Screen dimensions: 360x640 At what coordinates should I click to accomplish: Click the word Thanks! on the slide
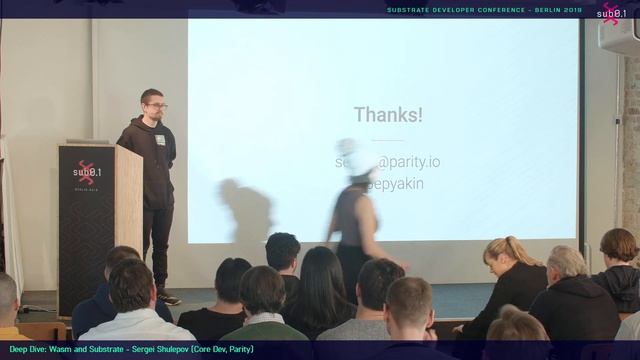pos(388,115)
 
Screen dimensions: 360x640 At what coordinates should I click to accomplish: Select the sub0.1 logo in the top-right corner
pos(611,13)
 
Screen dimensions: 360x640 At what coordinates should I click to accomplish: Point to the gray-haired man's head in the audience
pos(566,262)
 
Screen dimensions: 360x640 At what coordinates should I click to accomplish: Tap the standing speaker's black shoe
pos(168,298)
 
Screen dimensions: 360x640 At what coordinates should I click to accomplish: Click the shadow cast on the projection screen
pos(246,210)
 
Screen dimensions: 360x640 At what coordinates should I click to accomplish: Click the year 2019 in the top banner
pos(573,10)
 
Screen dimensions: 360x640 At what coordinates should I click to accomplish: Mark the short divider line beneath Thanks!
pos(388,139)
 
